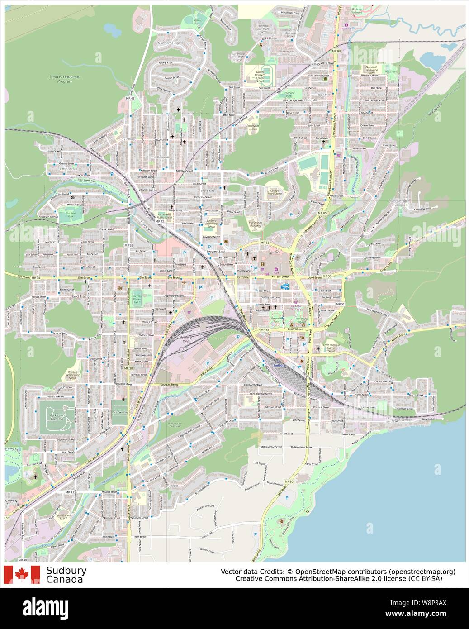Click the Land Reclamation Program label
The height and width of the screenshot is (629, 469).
65,79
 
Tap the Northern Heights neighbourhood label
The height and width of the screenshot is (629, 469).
170,43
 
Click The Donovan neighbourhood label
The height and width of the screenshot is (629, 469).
159,157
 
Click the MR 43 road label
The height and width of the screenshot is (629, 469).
69,491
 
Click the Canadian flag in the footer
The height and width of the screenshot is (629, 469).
22,575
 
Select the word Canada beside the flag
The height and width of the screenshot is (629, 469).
64,579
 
